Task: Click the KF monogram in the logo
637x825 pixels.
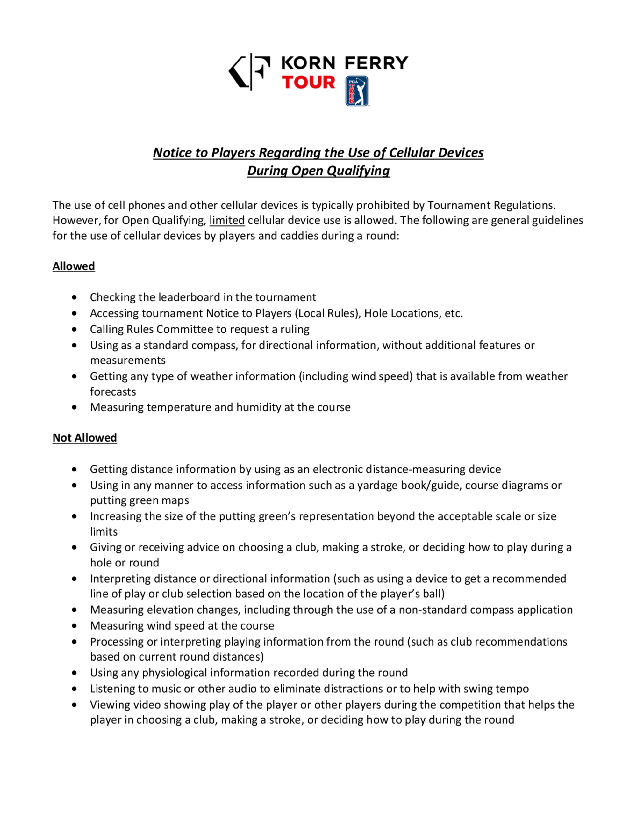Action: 249,71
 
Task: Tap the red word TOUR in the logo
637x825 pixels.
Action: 308,82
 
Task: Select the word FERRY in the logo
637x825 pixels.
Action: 376,63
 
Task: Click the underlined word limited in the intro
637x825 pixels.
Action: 227,220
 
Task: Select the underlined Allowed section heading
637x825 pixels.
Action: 74,266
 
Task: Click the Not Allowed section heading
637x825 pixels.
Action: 84,438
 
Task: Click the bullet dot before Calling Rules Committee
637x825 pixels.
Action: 74,329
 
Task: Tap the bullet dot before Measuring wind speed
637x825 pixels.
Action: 74,626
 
